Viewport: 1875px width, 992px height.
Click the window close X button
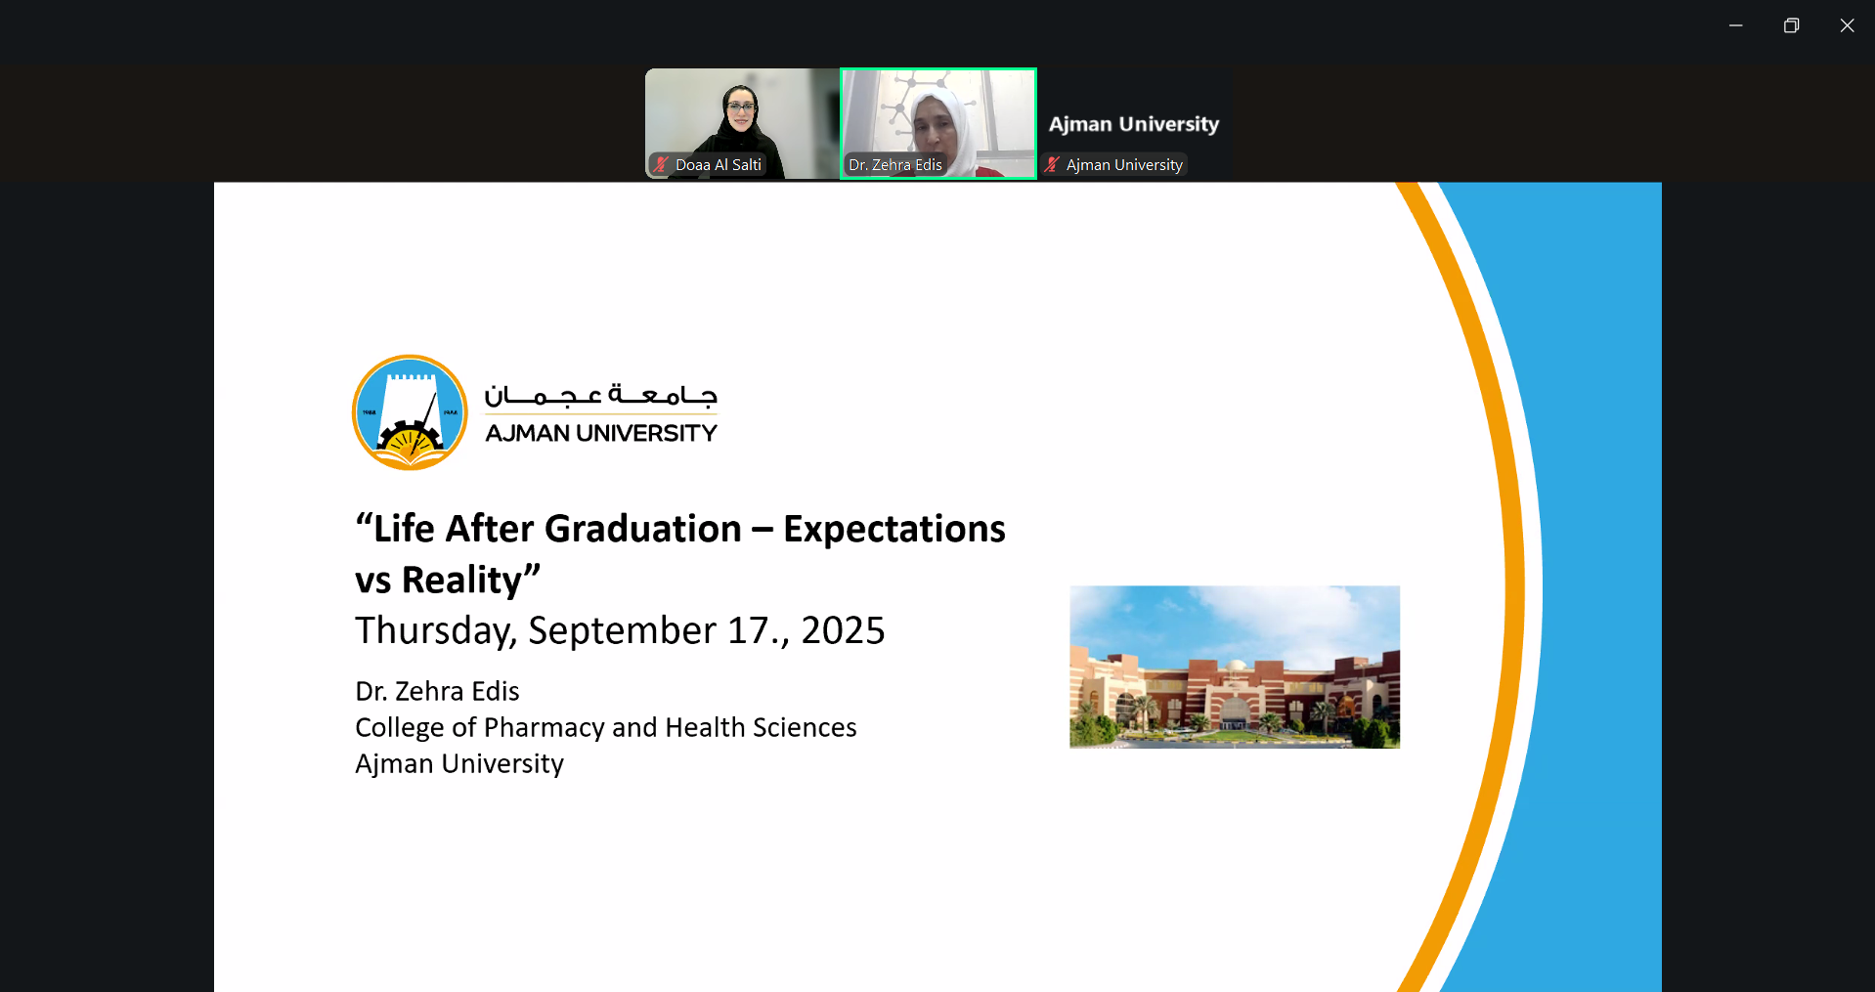pyautogui.click(x=1847, y=25)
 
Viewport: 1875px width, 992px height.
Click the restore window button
pyautogui.click(x=1791, y=25)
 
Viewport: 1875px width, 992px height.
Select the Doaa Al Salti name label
pyautogui.click(x=719, y=165)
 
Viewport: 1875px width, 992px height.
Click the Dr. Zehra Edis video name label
pyautogui.click(x=895, y=165)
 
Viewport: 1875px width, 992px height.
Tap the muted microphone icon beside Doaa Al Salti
pyautogui.click(x=661, y=164)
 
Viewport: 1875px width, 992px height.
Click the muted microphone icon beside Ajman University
pyautogui.click(x=1052, y=164)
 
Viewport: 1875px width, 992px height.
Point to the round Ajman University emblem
pyautogui.click(x=410, y=412)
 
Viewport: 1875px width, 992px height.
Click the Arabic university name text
pyautogui.click(x=601, y=395)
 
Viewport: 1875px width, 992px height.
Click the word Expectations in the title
pyautogui.click(x=894, y=530)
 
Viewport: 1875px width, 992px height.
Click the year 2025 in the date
pyautogui.click(x=843, y=630)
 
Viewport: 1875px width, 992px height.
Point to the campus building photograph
pyautogui.click(x=1235, y=668)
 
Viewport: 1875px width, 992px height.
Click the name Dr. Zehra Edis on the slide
pyautogui.click(x=437, y=691)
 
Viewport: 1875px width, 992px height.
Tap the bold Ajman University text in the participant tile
pyautogui.click(x=1134, y=124)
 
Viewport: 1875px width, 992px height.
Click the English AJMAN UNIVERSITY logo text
pyautogui.click(x=601, y=433)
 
